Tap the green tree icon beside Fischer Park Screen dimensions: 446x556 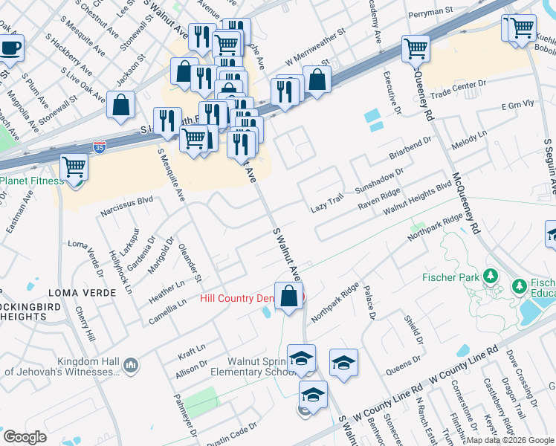point(490,277)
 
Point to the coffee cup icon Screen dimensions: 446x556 point(11,48)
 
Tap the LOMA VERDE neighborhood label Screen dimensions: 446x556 point(82,293)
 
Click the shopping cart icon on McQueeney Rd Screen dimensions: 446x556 point(415,48)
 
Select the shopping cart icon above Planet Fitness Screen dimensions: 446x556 point(74,166)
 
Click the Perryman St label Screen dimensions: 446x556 point(433,11)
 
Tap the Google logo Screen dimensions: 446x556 point(25,437)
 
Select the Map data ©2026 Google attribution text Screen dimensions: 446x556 point(510,440)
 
